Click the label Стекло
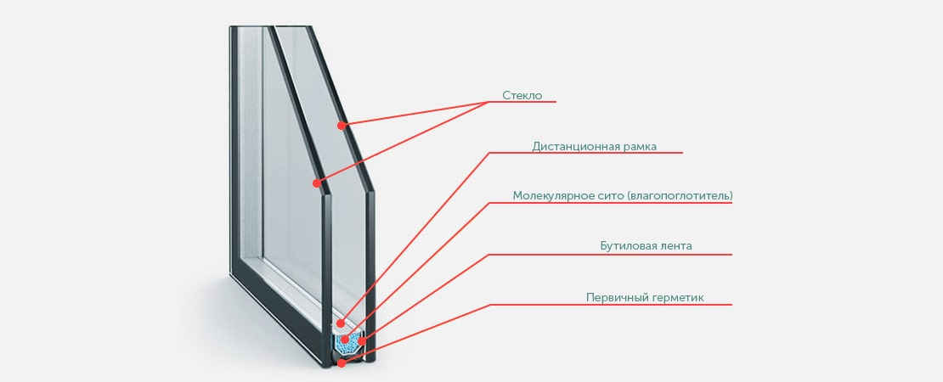(x=522, y=95)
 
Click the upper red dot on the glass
(x=341, y=126)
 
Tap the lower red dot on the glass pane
(x=316, y=183)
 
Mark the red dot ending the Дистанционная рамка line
(x=341, y=323)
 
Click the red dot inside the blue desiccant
(x=345, y=340)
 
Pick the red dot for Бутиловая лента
(x=361, y=341)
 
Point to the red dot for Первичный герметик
(x=342, y=362)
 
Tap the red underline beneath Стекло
(x=522, y=102)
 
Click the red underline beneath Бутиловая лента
(x=610, y=255)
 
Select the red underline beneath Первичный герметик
(x=611, y=305)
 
